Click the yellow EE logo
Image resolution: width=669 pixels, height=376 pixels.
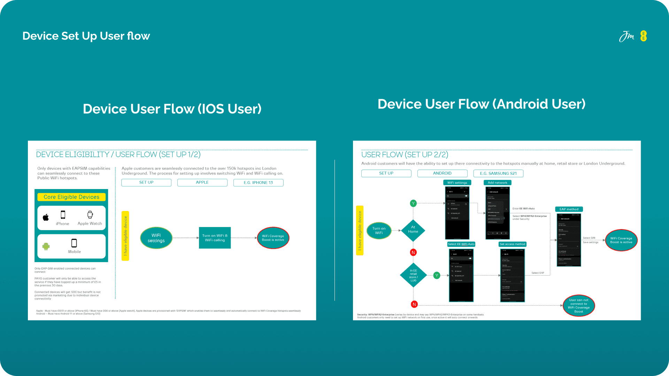(x=643, y=36)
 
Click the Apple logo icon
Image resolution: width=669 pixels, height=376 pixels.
(x=46, y=218)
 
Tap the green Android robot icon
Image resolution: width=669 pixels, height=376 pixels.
(x=46, y=246)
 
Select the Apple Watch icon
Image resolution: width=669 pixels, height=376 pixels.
(x=90, y=215)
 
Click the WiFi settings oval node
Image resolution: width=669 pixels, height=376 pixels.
(x=156, y=238)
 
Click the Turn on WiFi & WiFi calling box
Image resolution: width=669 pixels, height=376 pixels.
(x=215, y=238)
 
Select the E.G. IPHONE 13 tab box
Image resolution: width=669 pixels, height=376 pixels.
(x=258, y=183)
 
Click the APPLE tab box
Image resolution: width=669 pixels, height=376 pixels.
(x=202, y=183)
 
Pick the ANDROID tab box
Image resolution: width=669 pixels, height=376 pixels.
(x=442, y=173)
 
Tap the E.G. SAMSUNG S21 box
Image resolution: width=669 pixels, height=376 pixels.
(x=498, y=173)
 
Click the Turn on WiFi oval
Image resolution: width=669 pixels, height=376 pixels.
(x=379, y=230)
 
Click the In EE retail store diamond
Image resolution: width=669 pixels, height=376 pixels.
(x=413, y=275)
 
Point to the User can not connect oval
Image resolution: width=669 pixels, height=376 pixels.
(x=579, y=306)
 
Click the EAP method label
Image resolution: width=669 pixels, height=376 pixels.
(x=569, y=209)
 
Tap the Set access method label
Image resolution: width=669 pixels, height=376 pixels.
(x=512, y=244)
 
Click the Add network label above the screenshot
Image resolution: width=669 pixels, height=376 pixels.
(x=497, y=182)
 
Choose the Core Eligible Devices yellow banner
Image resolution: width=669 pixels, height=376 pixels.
(x=71, y=197)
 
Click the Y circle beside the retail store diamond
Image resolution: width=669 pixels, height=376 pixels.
(x=437, y=275)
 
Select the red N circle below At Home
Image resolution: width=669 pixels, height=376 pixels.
(x=413, y=252)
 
